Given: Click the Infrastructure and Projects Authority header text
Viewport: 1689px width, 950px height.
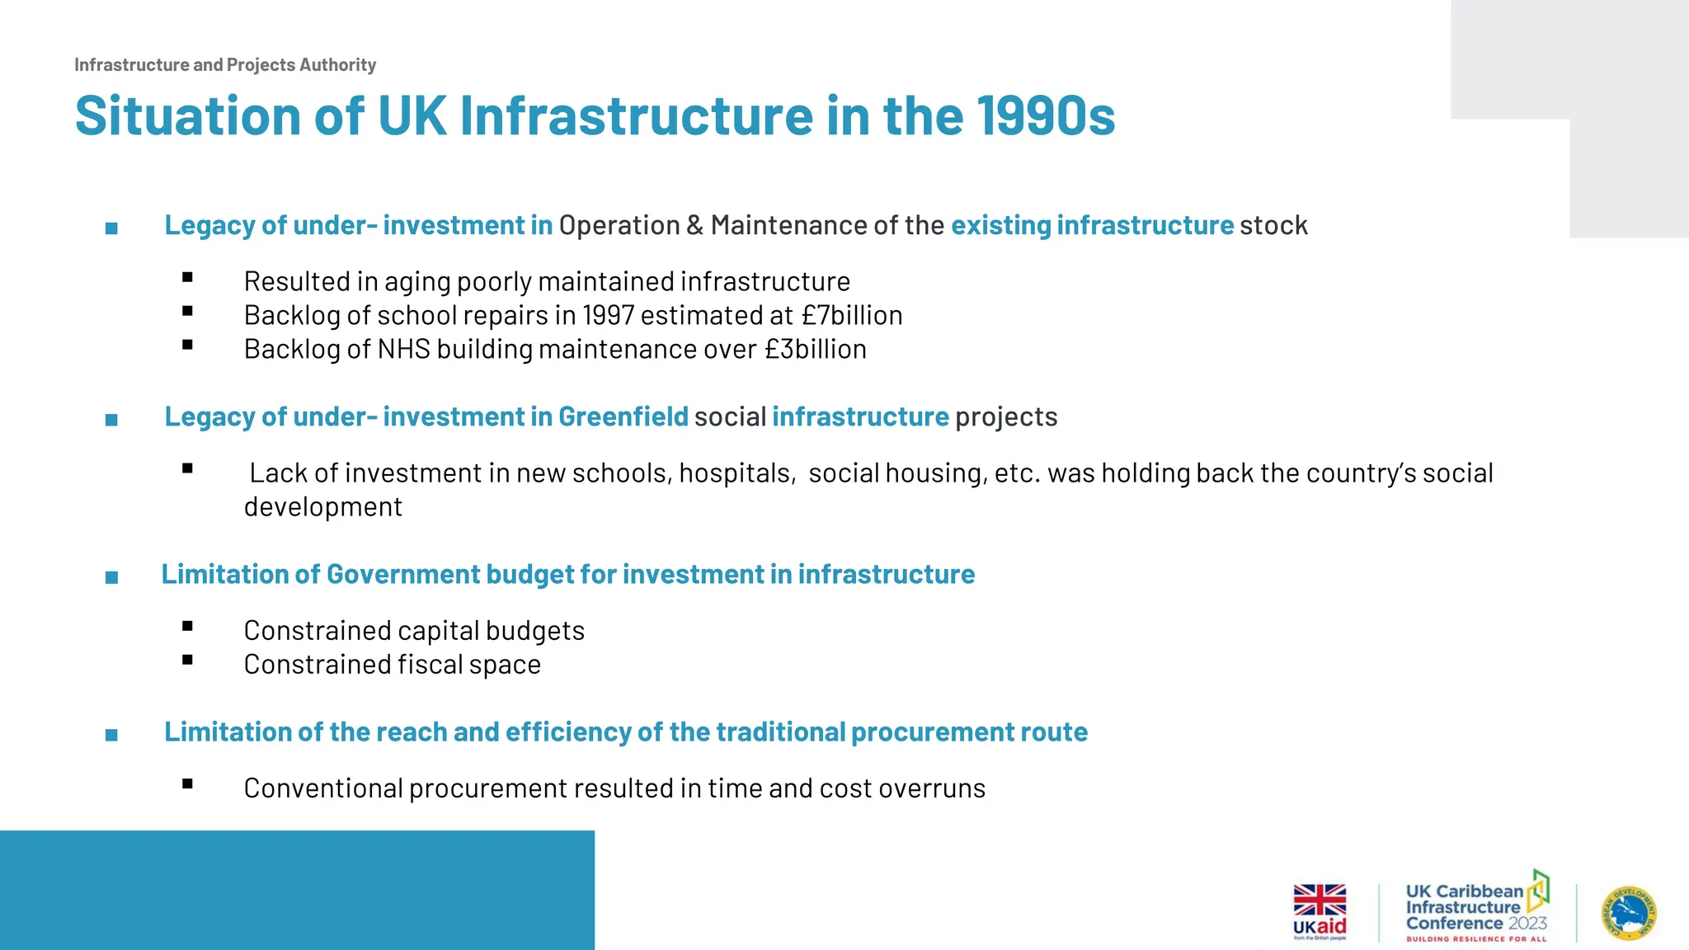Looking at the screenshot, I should [225, 65].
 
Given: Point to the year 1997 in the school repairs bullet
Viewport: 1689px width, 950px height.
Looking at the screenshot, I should [608, 316].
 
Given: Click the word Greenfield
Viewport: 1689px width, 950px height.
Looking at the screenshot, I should [623, 417].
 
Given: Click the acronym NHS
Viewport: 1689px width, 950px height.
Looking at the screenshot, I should [404, 350].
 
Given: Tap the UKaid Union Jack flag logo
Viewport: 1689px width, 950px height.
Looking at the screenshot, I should [1320, 900].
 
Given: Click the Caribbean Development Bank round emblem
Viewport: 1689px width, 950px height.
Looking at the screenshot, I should [1630, 913].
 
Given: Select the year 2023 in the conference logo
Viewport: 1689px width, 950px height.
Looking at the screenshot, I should [1527, 924].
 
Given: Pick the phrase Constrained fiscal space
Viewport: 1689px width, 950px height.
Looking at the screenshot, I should [392, 665].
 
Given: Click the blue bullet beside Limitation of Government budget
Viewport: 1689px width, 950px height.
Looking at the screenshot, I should [111, 577].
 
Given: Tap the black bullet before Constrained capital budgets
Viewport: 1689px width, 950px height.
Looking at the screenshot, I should [187, 627].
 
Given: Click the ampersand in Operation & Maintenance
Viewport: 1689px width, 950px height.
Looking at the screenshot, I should [694, 226].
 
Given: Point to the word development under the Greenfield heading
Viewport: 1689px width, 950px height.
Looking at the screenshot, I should [322, 507].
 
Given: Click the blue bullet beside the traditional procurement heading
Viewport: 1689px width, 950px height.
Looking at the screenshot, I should [111, 735].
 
